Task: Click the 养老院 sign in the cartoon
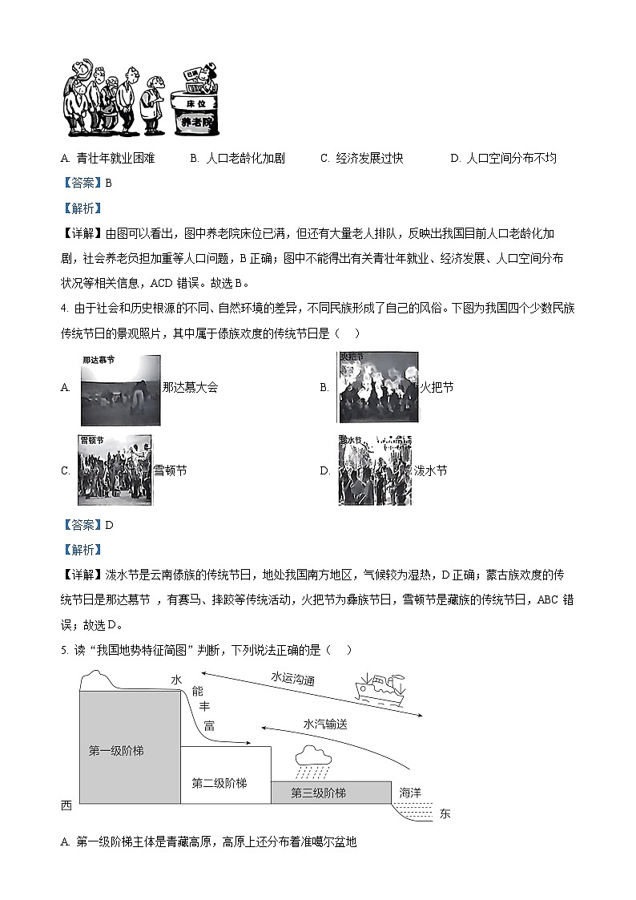coord(196,122)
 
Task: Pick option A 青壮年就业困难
coord(107,158)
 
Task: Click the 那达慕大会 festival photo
coord(120,390)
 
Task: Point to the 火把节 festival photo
coord(378,388)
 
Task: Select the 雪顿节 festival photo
coord(115,470)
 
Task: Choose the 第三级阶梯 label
coord(318,793)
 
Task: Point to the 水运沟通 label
coord(292,678)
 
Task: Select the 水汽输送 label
coord(325,724)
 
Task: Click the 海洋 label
coord(410,792)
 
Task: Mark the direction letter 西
coord(66,805)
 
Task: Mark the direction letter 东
coord(445,813)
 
